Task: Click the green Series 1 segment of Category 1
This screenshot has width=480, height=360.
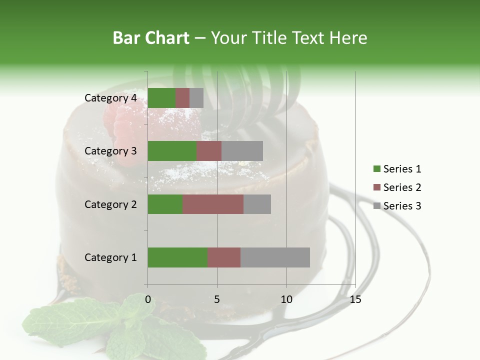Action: (x=177, y=257)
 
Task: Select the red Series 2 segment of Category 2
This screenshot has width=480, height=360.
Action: (x=213, y=204)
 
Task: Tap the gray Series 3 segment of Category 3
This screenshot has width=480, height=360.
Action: (x=242, y=151)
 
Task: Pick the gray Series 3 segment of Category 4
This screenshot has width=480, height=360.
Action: (x=196, y=98)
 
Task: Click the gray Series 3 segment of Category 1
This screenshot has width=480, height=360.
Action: (x=275, y=257)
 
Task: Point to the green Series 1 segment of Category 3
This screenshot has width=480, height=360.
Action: (x=172, y=151)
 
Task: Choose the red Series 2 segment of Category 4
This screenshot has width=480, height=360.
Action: (x=182, y=98)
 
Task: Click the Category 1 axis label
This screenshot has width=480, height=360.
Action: (x=110, y=257)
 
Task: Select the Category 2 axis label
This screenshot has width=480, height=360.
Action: (x=110, y=204)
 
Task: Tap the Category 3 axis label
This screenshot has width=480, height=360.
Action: (x=110, y=151)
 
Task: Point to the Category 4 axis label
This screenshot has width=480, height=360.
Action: (x=110, y=98)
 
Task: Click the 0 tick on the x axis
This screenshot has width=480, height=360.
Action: (x=148, y=299)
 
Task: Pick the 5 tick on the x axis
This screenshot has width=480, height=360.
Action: (x=217, y=299)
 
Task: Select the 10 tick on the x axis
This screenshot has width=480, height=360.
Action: (x=286, y=299)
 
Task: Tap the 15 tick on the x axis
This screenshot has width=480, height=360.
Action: (x=355, y=299)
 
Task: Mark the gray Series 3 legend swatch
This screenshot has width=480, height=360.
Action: (x=376, y=206)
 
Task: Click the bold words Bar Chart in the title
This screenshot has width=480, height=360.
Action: (x=150, y=38)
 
